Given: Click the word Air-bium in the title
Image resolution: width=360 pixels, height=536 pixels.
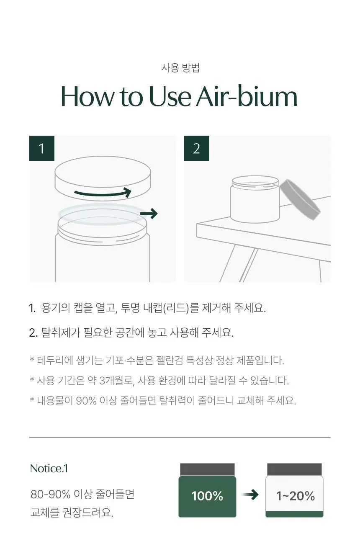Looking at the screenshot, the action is pos(247,97).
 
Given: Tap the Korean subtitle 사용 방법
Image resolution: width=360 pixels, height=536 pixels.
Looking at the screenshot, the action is pos(180,68).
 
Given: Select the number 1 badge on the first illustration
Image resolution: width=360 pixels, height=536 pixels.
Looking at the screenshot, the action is pos(42,148).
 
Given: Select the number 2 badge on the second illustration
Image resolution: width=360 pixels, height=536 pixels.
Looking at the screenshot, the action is pos(197,148).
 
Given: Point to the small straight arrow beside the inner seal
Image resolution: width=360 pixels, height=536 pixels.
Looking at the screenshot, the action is pos(149,214).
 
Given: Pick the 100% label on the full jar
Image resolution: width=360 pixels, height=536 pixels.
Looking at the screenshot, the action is pos(207,495).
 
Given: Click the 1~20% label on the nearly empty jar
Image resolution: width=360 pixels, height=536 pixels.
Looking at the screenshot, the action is pos(296,496).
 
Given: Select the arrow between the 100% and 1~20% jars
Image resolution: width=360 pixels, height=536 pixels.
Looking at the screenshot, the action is pos(250,495).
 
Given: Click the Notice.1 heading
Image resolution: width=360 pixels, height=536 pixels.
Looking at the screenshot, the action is pos(49,469).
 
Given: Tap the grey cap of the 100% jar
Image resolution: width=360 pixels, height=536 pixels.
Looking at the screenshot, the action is pos(207,469).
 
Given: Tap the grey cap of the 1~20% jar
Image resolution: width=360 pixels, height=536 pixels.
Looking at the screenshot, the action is pos(294,469).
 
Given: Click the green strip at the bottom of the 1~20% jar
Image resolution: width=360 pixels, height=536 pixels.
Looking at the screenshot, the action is pos(294,514).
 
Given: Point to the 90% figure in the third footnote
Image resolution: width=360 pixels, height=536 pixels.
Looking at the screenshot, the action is pos(86,401).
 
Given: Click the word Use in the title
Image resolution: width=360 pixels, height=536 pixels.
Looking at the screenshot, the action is pos(170,97).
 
